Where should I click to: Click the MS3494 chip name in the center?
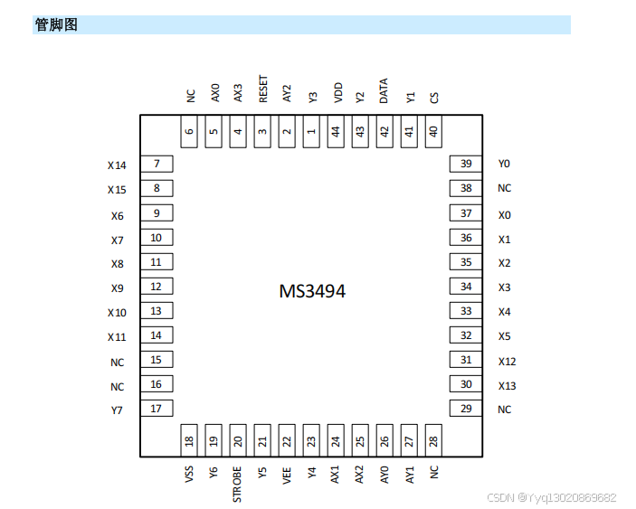pyautogui.click(x=311, y=291)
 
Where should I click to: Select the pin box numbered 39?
pyautogui.click(x=466, y=164)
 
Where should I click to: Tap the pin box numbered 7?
pyautogui.click(x=157, y=164)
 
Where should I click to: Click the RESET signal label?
pyautogui.click(x=263, y=90)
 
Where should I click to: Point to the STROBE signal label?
pyautogui.click(x=238, y=485)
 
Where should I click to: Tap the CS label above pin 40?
pyautogui.click(x=434, y=97)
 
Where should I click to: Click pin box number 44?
pyautogui.click(x=336, y=132)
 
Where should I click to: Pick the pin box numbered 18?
pyautogui.click(x=189, y=442)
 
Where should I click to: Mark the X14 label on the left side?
pyautogui.click(x=117, y=165)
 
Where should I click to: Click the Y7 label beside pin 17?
pyautogui.click(x=117, y=410)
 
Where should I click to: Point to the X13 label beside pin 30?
pyautogui.click(x=508, y=386)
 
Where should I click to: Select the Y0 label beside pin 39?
pyautogui.click(x=504, y=164)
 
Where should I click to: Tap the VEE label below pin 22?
pyautogui.click(x=287, y=475)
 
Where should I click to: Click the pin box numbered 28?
pyautogui.click(x=433, y=442)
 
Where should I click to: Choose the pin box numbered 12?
pyautogui.click(x=157, y=287)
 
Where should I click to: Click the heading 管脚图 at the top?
pyautogui.click(x=56, y=25)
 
